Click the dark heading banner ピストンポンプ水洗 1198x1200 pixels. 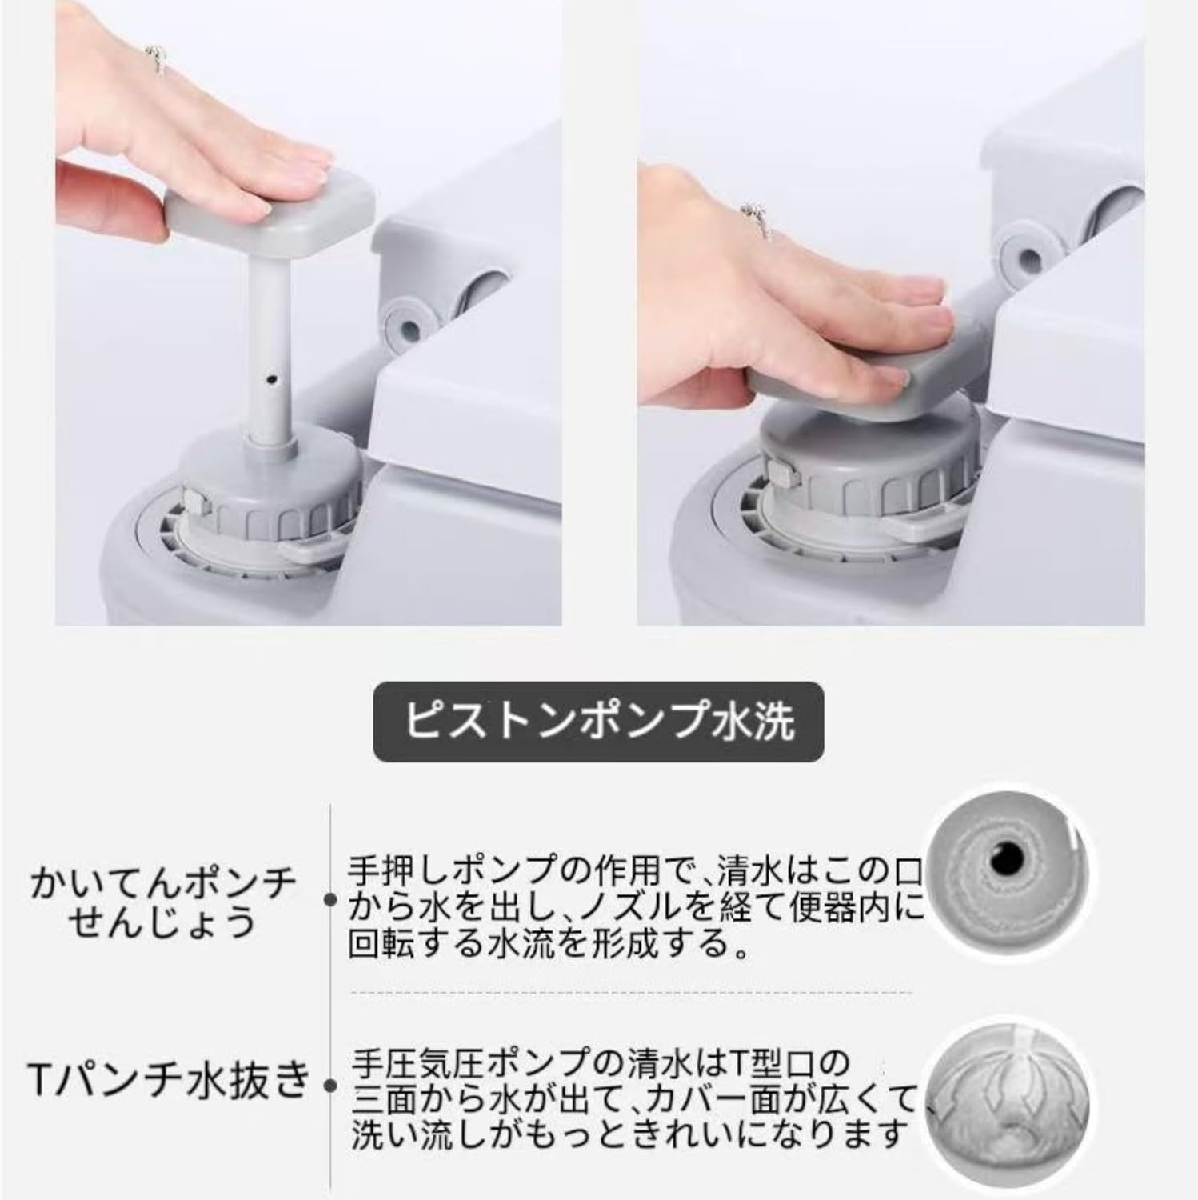(x=598, y=722)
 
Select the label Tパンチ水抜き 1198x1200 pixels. (x=168, y=1082)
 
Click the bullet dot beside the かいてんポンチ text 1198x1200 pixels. (x=329, y=901)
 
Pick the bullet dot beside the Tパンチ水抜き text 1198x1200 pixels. (x=329, y=1086)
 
